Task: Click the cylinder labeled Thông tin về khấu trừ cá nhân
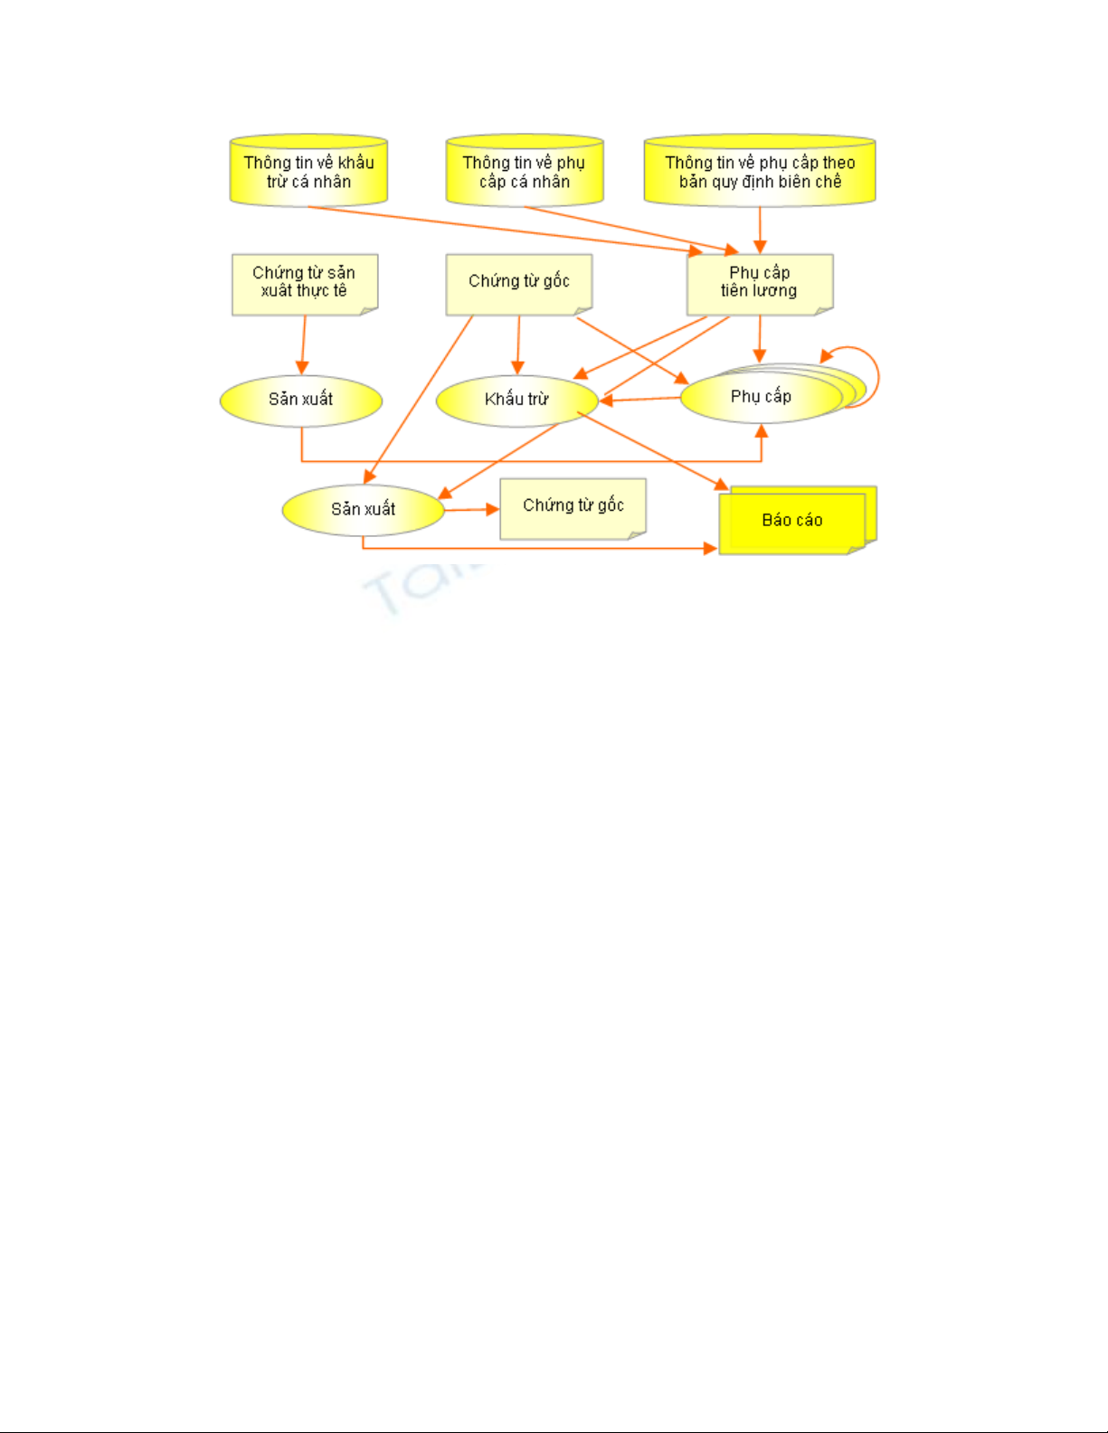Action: pos(308,170)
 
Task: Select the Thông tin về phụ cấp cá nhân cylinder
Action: pos(525,170)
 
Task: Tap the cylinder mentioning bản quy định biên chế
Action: pos(760,170)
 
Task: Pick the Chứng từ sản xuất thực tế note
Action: pos(305,285)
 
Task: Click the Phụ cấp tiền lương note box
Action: pos(760,285)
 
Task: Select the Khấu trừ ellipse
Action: pos(517,401)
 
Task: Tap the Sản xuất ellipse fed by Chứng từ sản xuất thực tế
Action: pos(300,401)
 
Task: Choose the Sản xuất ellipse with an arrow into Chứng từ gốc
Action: pos(363,511)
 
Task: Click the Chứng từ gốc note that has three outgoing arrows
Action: pos(519,285)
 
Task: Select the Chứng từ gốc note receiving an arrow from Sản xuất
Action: pos(573,509)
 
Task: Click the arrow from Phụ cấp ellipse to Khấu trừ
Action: pos(639,400)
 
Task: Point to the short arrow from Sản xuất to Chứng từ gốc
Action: pos(471,510)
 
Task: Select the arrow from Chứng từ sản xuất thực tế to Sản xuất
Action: pos(303,344)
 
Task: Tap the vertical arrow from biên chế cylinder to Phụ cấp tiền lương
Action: pos(760,231)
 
